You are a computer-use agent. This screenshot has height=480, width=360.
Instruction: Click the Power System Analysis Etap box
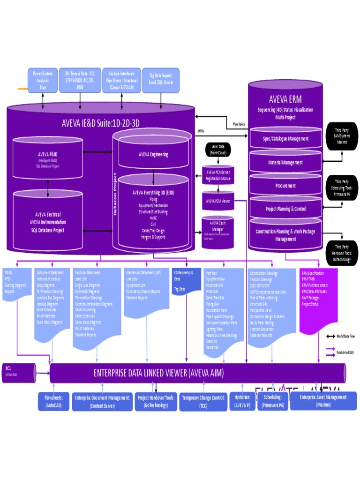click(x=43, y=80)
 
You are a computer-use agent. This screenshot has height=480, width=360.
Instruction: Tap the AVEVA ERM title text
click(x=285, y=99)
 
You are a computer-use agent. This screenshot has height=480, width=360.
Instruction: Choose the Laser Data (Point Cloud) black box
click(x=217, y=150)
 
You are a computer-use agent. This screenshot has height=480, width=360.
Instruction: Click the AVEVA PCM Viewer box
click(x=217, y=201)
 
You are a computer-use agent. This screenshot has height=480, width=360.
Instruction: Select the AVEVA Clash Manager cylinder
click(x=217, y=232)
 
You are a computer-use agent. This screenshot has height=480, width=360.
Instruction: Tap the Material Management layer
click(x=285, y=162)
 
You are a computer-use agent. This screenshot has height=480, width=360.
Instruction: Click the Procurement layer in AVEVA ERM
click(x=285, y=186)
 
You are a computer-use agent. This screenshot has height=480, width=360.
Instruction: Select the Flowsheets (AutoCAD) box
click(x=53, y=401)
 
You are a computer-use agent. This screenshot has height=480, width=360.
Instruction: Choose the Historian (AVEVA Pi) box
click(x=242, y=401)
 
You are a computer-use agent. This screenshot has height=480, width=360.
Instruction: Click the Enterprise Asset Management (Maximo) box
click(x=323, y=401)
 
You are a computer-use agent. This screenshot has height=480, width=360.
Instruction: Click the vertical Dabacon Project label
click(x=115, y=194)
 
